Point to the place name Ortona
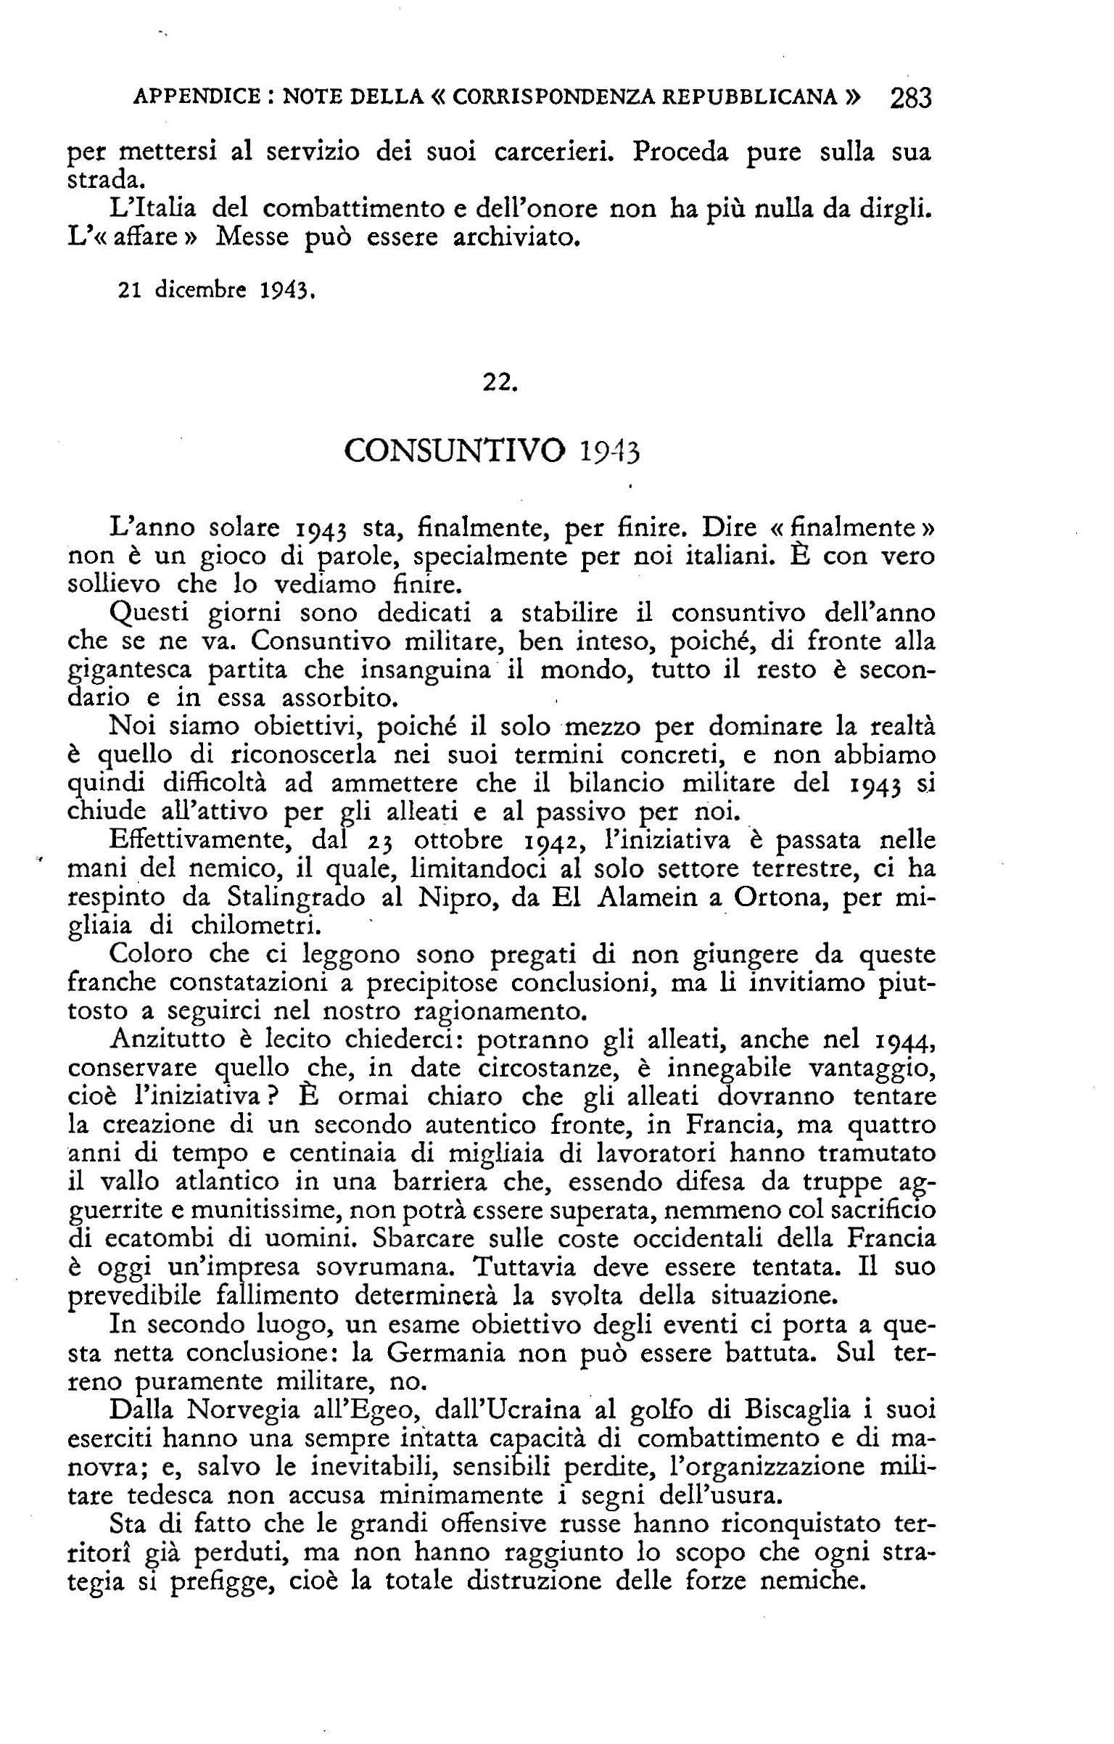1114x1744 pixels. (x=780, y=897)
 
